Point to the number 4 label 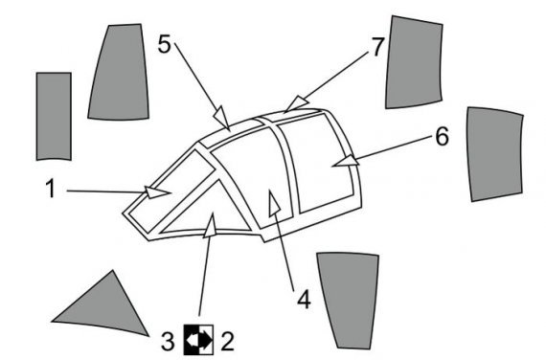click(304, 299)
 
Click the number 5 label click(165, 43)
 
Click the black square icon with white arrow click(197, 337)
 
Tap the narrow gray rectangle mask click(54, 115)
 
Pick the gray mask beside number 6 click(495, 153)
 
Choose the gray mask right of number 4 click(349, 297)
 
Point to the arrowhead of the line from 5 click(223, 119)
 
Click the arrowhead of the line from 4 click(274, 201)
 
